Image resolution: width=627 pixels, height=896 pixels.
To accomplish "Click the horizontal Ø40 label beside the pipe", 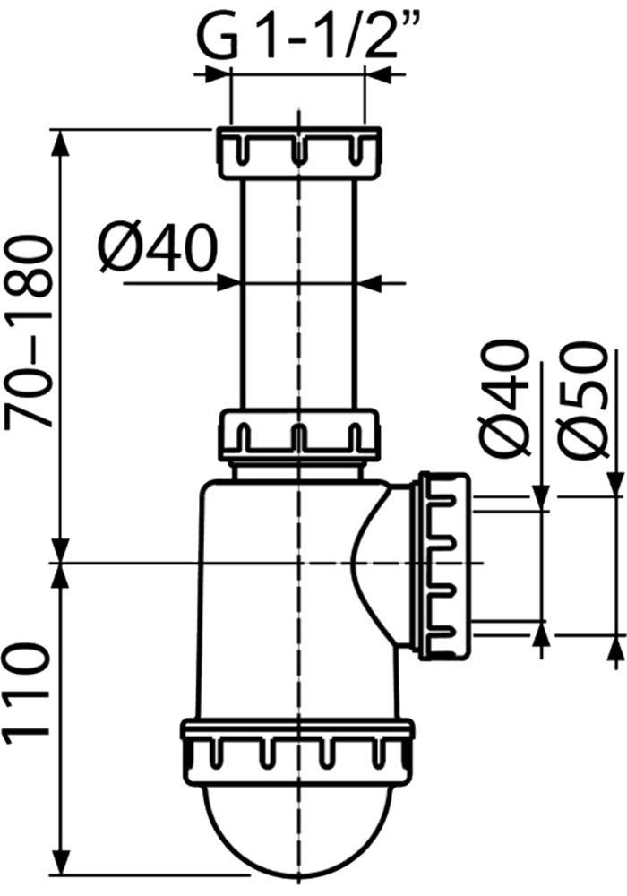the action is (159, 247).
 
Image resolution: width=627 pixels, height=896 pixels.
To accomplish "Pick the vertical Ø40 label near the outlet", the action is (502, 399).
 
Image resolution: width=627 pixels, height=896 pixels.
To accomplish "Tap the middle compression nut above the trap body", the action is (298, 435).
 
